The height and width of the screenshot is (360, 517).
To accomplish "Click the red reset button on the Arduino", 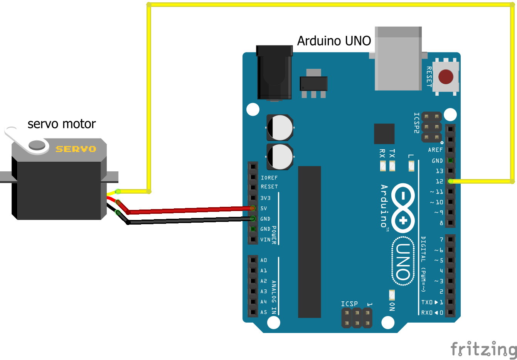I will [446, 77].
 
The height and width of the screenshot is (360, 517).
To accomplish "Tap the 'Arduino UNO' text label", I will [334, 41].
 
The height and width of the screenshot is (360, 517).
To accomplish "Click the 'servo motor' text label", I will [61, 124].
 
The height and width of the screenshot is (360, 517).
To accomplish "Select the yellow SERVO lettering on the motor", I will [76, 149].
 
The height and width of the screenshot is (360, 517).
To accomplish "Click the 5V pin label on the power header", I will [264, 208].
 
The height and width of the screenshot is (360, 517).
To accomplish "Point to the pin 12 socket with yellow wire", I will [450, 181].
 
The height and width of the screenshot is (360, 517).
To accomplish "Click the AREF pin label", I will [435, 150].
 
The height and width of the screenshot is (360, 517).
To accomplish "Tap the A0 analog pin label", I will [264, 260].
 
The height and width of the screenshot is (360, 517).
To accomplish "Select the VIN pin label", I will [265, 240].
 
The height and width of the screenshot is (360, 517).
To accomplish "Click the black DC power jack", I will [274, 73].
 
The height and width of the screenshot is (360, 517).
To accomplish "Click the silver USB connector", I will [398, 59].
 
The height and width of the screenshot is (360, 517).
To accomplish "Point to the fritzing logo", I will [483, 349].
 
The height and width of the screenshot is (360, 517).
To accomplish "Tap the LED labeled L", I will [411, 166].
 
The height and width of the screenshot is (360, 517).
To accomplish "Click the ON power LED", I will [392, 295].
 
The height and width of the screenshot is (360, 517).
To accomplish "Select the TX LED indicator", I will [392, 166].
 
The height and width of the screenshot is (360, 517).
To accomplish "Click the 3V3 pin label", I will [265, 198].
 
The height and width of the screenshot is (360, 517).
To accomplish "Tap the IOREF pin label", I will [269, 178].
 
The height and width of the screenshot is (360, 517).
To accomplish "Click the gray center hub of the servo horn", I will [37, 145].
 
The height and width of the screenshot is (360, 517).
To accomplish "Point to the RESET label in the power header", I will [269, 187].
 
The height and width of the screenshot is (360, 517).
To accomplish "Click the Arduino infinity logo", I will [403, 208].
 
